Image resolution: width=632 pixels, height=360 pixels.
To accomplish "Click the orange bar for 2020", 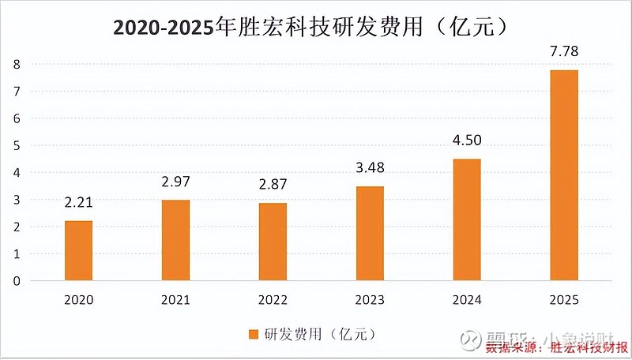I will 78,251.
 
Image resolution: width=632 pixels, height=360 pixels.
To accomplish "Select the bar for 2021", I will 175,241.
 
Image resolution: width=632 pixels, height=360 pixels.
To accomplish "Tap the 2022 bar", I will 273,242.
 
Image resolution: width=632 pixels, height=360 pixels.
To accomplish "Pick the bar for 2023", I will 370,234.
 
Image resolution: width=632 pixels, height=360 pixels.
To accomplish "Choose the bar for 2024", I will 467,220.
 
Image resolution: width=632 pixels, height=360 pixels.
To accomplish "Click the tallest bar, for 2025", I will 564,175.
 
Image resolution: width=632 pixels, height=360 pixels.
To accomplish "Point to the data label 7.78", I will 564,51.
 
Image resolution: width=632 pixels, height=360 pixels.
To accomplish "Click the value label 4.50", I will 467,141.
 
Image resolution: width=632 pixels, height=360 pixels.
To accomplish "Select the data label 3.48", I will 370,168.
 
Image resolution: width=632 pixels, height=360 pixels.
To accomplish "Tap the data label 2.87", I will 273,185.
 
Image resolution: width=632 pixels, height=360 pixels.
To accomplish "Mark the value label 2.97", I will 175,182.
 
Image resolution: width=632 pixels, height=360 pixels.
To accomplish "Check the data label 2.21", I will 78,203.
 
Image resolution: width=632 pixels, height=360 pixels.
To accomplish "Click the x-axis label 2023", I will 370,300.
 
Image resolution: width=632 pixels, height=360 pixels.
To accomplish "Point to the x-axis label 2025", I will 564,300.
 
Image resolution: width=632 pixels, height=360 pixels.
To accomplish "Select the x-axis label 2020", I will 78,300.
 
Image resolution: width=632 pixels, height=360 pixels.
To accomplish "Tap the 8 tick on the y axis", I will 15,64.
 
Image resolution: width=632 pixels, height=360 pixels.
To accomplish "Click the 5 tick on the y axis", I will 15,145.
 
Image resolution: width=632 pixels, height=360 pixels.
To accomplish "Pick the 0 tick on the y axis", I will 15,281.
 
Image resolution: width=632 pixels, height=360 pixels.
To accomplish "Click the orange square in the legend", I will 254,332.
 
